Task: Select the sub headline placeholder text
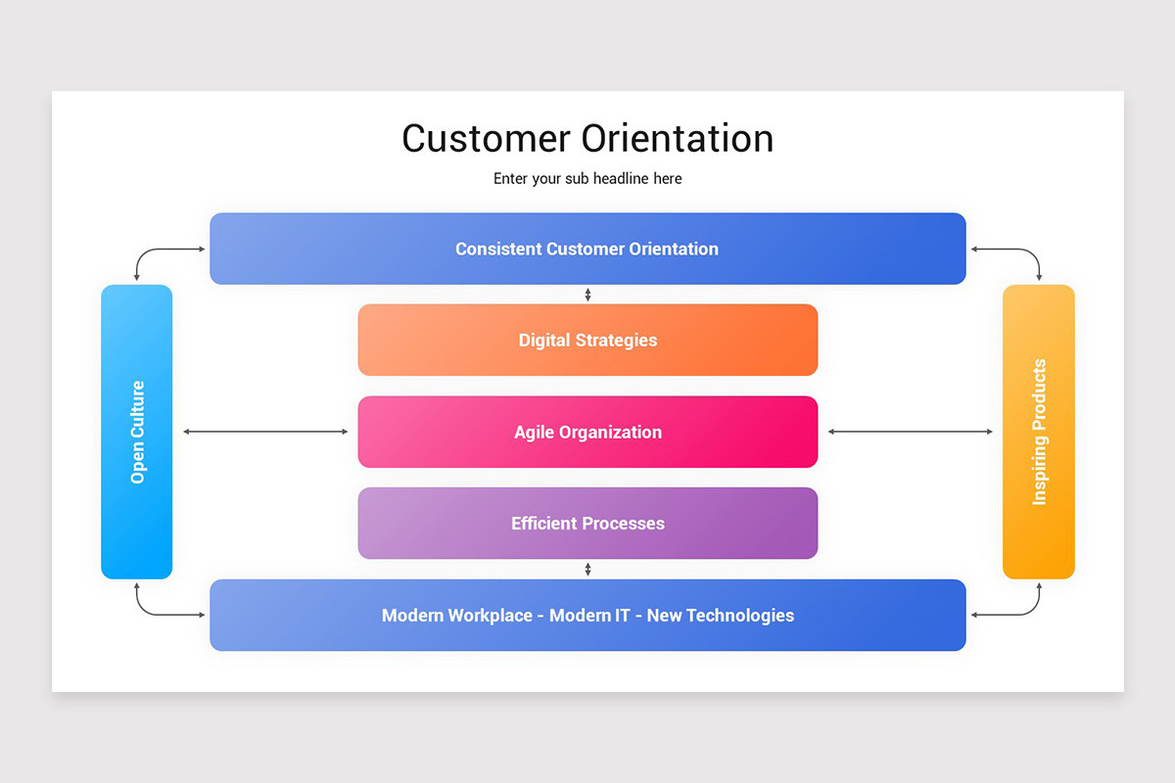pyautogui.click(x=587, y=179)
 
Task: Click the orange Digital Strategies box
pyautogui.click(x=587, y=340)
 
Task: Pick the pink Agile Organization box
pyautogui.click(x=587, y=432)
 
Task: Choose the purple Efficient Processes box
pyautogui.click(x=587, y=524)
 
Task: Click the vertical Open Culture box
pyautogui.click(x=137, y=432)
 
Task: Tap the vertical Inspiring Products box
pyautogui.click(x=1039, y=432)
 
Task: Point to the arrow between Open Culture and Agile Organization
pyautogui.click(x=265, y=432)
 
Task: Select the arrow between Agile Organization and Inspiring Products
pyautogui.click(x=911, y=432)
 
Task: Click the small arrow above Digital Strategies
pyautogui.click(x=587, y=295)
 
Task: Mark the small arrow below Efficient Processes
pyautogui.click(x=587, y=570)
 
